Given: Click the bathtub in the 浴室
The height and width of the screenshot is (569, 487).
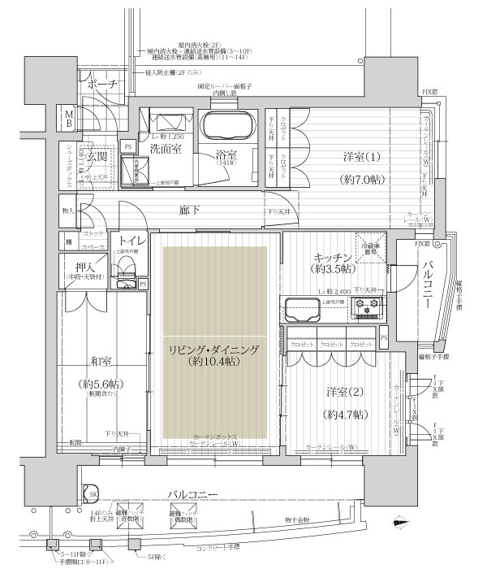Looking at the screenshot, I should [x=227, y=129].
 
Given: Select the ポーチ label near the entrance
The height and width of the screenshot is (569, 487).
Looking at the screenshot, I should [x=103, y=85].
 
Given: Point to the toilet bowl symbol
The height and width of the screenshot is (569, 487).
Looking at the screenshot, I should [x=126, y=271].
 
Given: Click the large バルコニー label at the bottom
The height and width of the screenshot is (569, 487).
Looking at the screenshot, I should [x=192, y=493].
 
